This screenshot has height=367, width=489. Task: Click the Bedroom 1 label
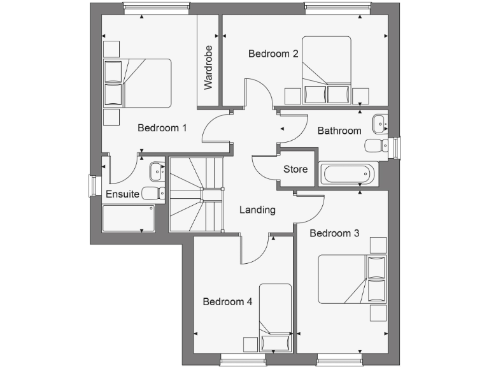tap(162, 128)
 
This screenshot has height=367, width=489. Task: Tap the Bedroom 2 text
tap(273, 54)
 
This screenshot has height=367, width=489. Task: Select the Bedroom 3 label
tap(334, 234)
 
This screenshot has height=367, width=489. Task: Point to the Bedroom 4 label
tap(228, 302)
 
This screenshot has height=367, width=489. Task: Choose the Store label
tap(295, 169)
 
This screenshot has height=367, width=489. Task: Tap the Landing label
tap(257, 210)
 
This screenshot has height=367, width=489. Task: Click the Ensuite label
tap(122, 194)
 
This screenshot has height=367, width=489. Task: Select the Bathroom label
tap(339, 131)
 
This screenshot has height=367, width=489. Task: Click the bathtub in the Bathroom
tap(347, 174)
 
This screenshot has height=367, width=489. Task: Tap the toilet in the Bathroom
tap(376, 146)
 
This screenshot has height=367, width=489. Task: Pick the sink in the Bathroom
tap(379, 121)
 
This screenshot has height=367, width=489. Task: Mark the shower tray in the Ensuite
tap(129, 218)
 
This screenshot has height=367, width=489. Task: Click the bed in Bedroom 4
tap(276, 317)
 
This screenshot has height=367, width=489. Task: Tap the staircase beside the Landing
tap(196, 195)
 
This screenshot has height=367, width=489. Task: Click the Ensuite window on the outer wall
tap(94, 186)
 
